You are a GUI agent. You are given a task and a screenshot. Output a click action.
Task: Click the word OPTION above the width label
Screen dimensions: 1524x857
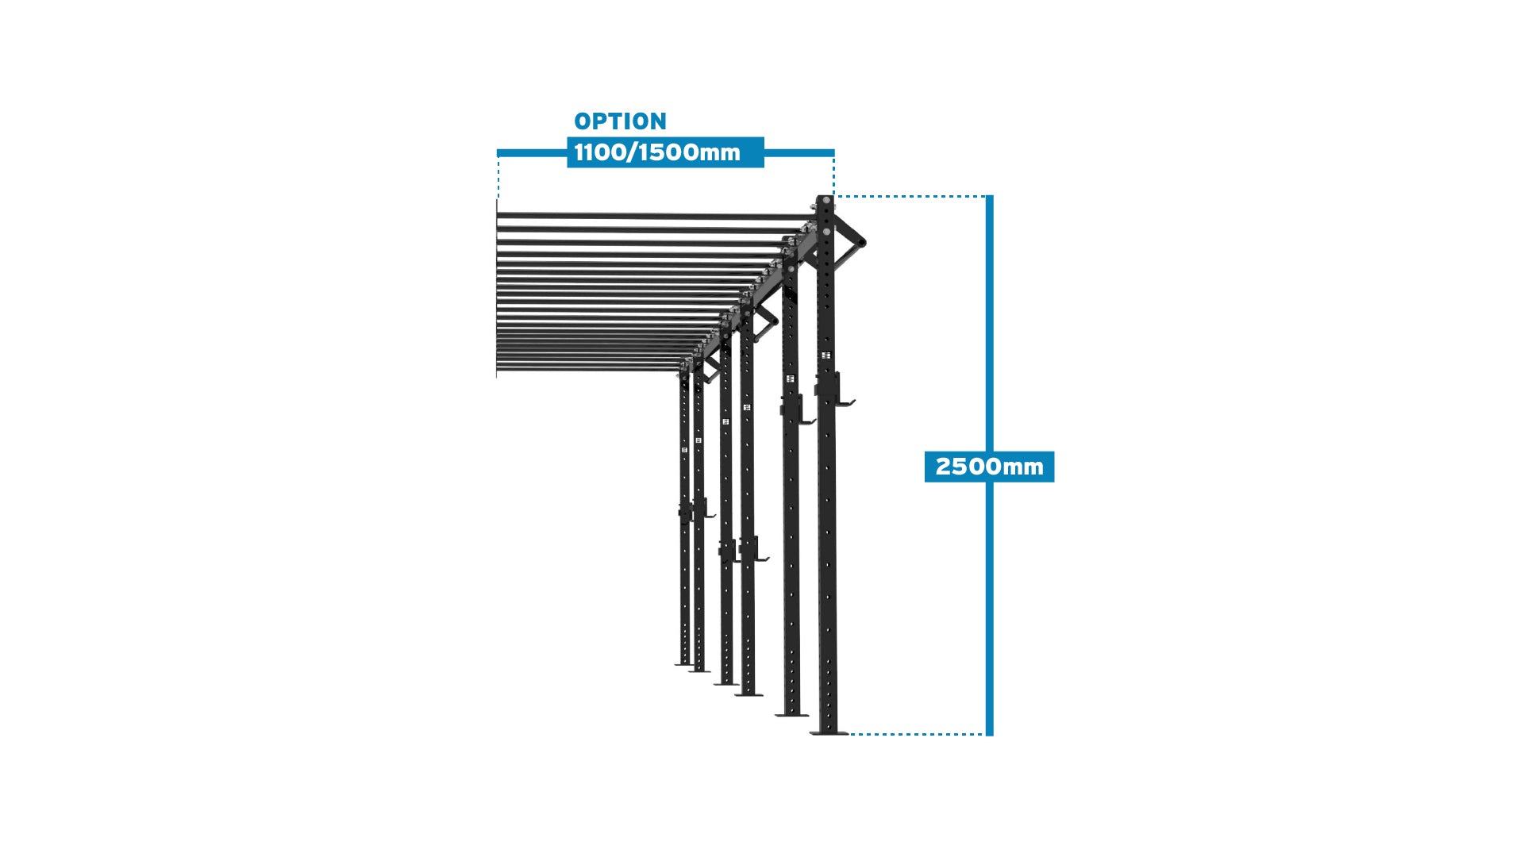620,121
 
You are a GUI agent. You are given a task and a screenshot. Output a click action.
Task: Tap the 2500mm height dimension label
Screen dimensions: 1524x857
989,467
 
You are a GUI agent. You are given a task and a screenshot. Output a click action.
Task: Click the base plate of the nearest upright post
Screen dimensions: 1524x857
829,732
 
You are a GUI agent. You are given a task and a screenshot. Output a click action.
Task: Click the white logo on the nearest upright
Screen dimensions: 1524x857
825,355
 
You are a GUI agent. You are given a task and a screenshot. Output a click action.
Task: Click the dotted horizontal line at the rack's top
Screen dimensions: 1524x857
910,196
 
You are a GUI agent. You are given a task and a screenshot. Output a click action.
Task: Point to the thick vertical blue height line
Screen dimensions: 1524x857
990,466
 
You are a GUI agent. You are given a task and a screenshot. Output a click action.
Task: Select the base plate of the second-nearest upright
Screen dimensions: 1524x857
791,714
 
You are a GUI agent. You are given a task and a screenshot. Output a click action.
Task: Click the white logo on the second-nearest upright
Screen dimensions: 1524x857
790,379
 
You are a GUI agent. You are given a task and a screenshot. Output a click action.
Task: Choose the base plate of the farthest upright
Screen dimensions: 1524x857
683,663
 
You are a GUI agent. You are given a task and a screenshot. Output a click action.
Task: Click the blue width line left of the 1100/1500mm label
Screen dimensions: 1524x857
532,152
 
